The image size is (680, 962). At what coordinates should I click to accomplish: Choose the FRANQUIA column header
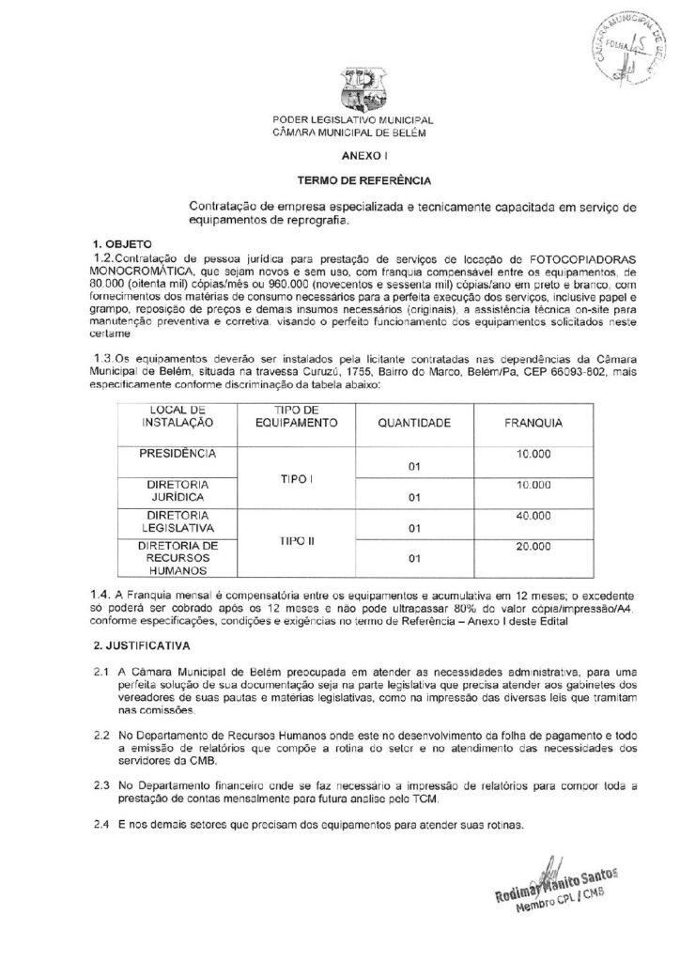tap(533, 424)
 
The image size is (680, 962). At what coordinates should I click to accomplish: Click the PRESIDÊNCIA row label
tap(178, 453)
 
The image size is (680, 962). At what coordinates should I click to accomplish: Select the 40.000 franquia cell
tap(533, 517)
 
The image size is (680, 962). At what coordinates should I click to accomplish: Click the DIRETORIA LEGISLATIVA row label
tap(178, 522)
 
